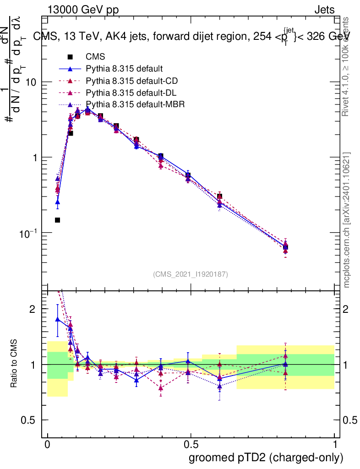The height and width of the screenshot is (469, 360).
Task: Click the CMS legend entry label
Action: click(x=95, y=57)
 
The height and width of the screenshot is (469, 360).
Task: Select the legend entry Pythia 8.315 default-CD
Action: click(x=132, y=81)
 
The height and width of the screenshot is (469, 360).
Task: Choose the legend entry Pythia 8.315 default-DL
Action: click(x=131, y=93)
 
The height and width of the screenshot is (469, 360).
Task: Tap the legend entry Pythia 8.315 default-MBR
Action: click(x=135, y=104)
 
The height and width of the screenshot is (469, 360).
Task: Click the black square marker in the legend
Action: click(x=70, y=57)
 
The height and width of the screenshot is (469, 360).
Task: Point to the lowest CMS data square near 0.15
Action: click(x=58, y=220)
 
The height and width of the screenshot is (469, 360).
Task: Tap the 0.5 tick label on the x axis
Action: click(x=191, y=445)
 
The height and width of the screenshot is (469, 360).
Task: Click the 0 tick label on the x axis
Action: click(x=48, y=445)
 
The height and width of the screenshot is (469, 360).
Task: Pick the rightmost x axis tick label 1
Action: click(x=334, y=445)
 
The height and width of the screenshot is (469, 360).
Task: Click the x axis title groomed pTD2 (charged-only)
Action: click(x=266, y=458)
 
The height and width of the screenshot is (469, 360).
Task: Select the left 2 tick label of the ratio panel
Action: click(x=33, y=309)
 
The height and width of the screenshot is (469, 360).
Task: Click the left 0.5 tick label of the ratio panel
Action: click(x=29, y=420)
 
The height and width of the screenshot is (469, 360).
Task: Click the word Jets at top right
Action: click(x=324, y=10)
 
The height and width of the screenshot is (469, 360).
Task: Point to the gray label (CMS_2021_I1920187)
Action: click(x=191, y=274)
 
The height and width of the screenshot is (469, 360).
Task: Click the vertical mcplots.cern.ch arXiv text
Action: click(x=347, y=220)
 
